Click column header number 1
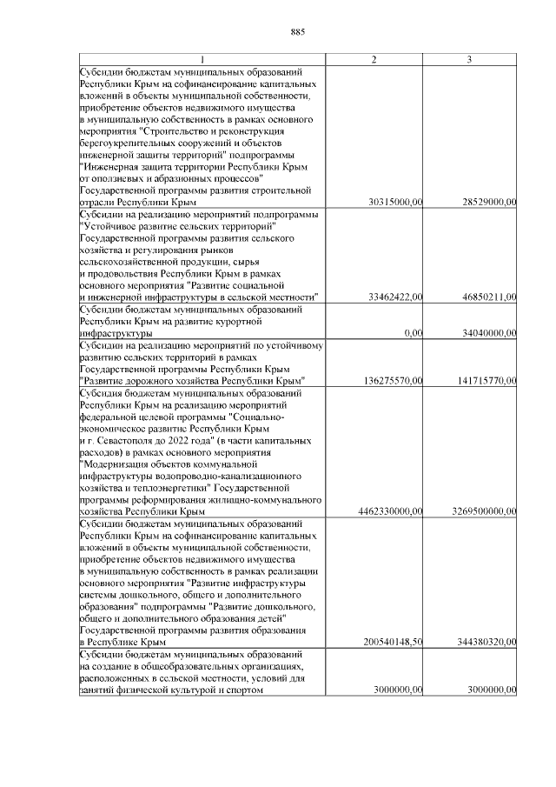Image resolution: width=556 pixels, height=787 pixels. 201,58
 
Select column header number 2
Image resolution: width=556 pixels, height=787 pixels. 374,58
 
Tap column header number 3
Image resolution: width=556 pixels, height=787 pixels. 469,58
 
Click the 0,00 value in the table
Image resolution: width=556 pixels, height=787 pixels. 414,333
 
